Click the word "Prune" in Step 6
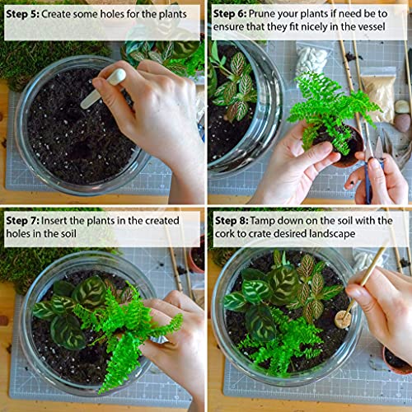point(277,14)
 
